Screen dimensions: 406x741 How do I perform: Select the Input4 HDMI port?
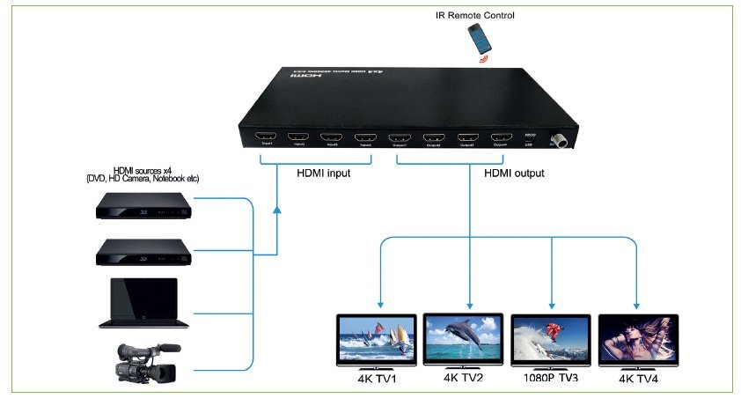pyautogui.click(x=364, y=137)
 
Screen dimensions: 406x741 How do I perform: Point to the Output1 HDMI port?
pyautogui.click(x=400, y=138)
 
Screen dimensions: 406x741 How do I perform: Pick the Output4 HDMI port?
pyautogui.click(x=502, y=137)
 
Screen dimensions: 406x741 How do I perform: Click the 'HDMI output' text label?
pyautogui.click(x=514, y=173)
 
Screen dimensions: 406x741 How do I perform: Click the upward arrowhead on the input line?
pyautogui.click(x=277, y=211)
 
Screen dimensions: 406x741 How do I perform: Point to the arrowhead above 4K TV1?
pyautogui.click(x=379, y=301)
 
